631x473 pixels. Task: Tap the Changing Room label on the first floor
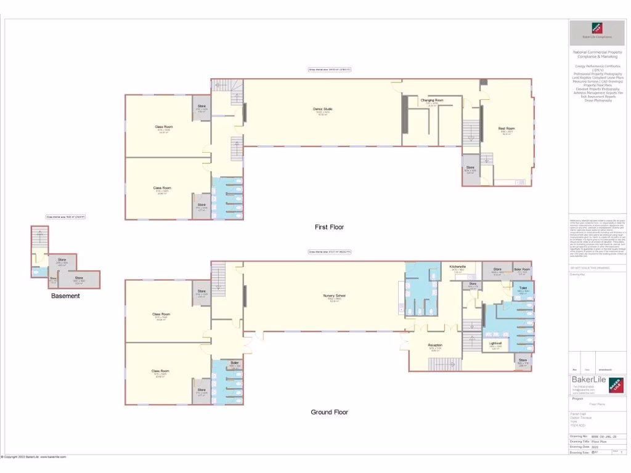coord(432,100)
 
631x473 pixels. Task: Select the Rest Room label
coord(507,129)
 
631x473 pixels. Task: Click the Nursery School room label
coord(334,296)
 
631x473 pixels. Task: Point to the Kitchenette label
coord(457,267)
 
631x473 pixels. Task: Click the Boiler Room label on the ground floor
coord(522,270)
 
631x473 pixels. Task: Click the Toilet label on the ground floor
coord(523,288)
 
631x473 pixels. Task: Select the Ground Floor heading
coord(328,412)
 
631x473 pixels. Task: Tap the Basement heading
coord(65,296)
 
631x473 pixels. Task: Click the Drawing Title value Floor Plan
coord(600,442)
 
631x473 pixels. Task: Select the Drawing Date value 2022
coord(595,447)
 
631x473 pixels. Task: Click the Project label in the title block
coord(578,398)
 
